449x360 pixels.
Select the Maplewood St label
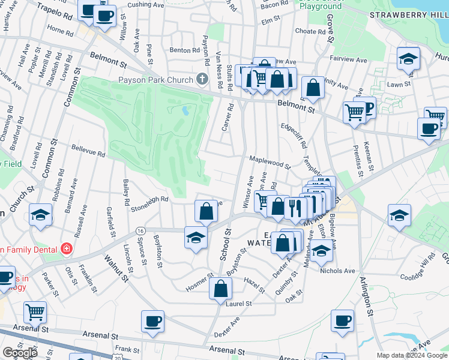coord(270,163)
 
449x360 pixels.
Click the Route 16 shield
coord(140,230)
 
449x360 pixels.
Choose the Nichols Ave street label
coord(337,271)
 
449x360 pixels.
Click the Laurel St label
coord(239,304)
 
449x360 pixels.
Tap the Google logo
coord(20,352)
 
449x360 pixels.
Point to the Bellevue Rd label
coord(89,151)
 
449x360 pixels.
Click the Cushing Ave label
coord(146,4)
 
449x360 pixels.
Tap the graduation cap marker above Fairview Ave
coord(408,59)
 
